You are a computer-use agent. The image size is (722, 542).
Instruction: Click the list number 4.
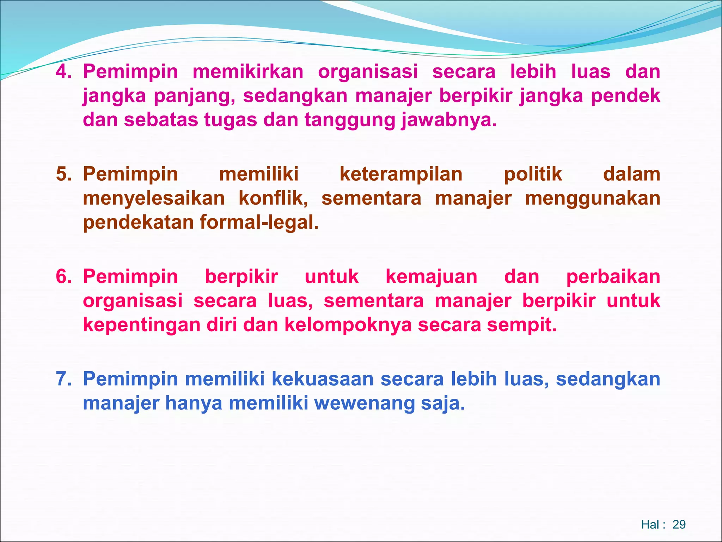tap(63, 72)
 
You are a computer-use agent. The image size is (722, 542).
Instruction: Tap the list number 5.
tap(63, 174)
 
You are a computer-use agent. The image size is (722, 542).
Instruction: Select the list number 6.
tap(63, 277)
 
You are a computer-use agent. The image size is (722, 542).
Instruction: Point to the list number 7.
tap(63, 379)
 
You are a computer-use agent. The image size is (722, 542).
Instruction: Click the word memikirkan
tap(248, 72)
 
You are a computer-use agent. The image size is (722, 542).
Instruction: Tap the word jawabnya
tap(449, 120)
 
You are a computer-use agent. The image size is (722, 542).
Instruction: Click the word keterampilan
tap(401, 174)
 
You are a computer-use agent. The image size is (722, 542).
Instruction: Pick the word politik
tap(533, 174)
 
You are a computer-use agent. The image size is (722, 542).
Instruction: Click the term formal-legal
tap(259, 222)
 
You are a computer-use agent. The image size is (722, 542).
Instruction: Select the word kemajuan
tap(432, 277)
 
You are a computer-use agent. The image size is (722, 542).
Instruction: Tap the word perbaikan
tap(613, 277)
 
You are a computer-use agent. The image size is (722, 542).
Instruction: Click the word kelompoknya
tap(348, 325)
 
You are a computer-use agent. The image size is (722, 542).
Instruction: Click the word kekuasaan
tap(323, 379)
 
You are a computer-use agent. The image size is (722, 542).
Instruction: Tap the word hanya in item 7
tap(194, 403)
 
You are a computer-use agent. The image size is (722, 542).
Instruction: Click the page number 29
tap(679, 525)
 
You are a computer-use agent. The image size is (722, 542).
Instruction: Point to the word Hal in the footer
tap(650, 525)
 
